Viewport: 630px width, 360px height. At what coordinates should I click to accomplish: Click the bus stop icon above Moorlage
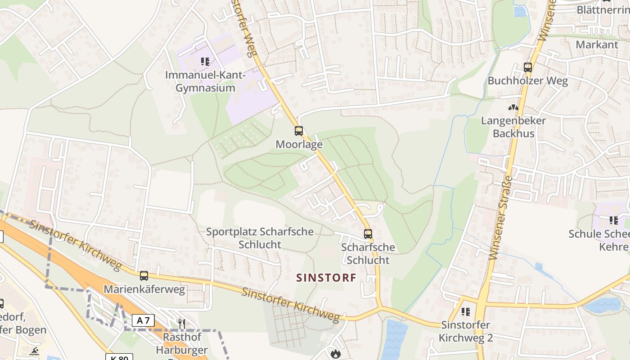(299, 131)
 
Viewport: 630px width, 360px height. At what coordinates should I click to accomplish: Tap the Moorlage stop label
(299, 144)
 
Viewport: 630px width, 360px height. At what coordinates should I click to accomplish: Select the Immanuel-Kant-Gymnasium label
(205, 81)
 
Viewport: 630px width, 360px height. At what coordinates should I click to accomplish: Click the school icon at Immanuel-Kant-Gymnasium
(205, 62)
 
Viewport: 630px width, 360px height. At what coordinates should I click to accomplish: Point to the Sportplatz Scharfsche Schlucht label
(260, 238)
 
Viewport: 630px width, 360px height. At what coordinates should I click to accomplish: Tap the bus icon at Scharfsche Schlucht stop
(368, 234)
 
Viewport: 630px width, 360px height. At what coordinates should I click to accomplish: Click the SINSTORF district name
(326, 278)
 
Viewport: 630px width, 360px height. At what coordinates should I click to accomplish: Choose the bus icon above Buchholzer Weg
(528, 67)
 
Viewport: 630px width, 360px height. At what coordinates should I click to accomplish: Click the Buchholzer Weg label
(528, 81)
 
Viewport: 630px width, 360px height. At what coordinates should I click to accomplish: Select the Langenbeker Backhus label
(513, 127)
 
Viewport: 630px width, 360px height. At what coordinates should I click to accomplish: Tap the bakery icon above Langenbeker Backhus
(513, 108)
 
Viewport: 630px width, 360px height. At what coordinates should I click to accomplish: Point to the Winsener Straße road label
(500, 218)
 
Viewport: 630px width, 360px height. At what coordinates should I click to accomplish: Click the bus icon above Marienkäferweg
(144, 275)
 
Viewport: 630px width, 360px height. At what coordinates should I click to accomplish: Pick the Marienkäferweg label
(144, 289)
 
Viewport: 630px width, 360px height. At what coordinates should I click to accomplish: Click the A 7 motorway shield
(143, 320)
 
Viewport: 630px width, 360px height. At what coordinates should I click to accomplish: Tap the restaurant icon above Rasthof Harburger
(182, 323)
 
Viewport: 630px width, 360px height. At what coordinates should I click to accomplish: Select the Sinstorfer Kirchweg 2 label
(466, 331)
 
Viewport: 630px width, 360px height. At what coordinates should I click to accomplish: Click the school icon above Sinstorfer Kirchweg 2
(466, 311)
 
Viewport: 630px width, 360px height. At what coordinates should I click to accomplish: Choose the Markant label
(597, 45)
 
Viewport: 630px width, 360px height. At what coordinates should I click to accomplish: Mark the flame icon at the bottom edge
(335, 354)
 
